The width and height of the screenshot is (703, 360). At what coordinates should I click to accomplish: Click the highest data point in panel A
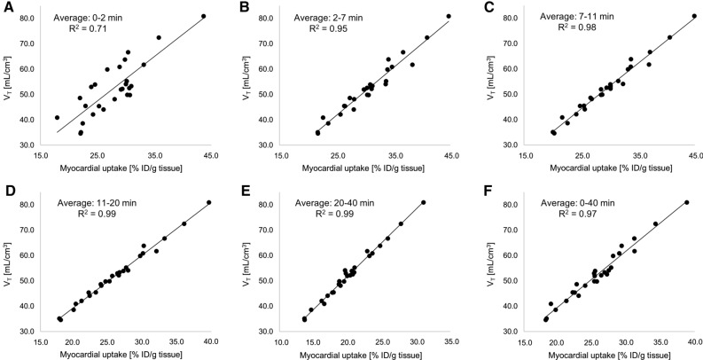pos(203,16)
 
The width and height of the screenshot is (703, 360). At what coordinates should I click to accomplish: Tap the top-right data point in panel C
pos(694,16)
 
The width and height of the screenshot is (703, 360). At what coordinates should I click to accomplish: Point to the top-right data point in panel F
pos(686,202)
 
